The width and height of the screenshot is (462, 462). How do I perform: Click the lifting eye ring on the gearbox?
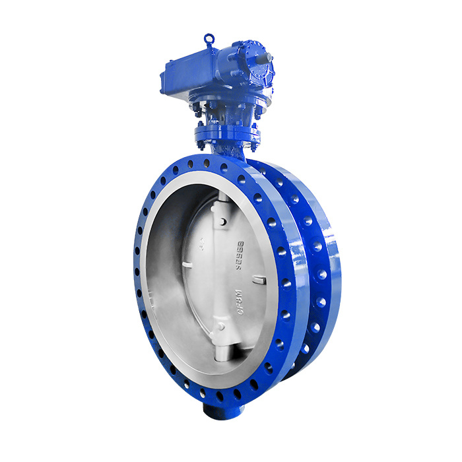[x=209, y=39]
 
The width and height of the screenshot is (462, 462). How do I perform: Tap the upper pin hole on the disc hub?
[x=222, y=222]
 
